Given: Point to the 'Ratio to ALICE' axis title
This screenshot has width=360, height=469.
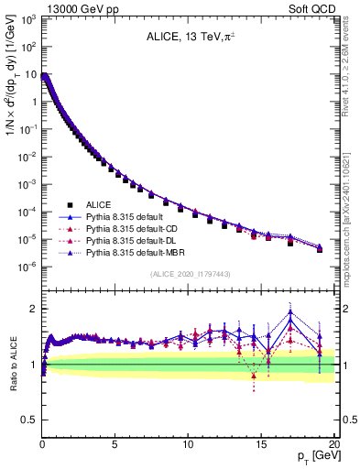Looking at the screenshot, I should pyautogui.click(x=12, y=365).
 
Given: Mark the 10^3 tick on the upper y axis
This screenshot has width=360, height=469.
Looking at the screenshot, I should pyautogui.click(x=28, y=18).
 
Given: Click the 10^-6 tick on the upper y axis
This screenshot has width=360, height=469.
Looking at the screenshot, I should pyautogui.click(x=28, y=267).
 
